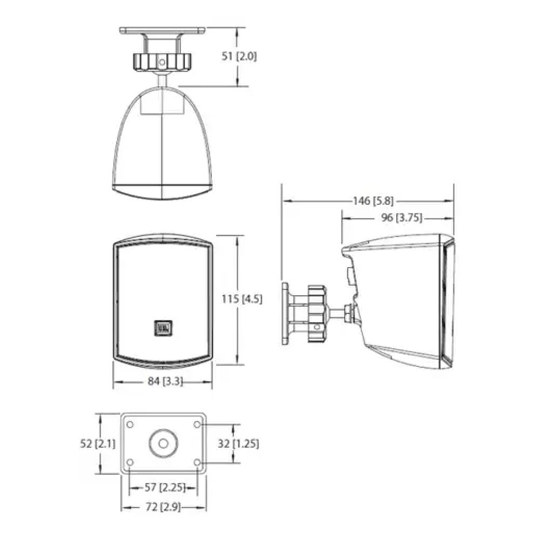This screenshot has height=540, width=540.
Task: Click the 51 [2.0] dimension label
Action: (239, 56)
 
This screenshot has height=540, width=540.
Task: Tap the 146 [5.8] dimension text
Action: (373, 200)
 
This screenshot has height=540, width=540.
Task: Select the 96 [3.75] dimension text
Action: (402, 218)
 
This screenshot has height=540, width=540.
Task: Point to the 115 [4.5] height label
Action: (242, 299)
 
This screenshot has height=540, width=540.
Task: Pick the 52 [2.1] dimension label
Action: (98, 443)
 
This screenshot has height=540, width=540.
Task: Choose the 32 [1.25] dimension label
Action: (238, 443)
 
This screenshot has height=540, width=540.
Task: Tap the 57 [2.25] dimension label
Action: (165, 487)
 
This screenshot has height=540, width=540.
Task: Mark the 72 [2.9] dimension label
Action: (163, 507)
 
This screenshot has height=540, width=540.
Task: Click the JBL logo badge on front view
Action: (163, 328)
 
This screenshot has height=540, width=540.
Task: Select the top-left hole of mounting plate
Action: (130, 424)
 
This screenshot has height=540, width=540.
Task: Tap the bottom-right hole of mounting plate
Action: (197, 462)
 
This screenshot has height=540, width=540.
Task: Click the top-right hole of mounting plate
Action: (197, 424)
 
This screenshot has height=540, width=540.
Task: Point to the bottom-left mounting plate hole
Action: (130, 462)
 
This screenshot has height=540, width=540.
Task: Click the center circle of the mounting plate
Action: (164, 443)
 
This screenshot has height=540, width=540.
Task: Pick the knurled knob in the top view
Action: (162, 62)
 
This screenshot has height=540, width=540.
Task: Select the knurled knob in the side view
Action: (316, 314)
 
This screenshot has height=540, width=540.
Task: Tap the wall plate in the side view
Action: (286, 314)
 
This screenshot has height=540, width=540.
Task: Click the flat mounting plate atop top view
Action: (163, 31)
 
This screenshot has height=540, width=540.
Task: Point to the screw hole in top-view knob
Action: (162, 62)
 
